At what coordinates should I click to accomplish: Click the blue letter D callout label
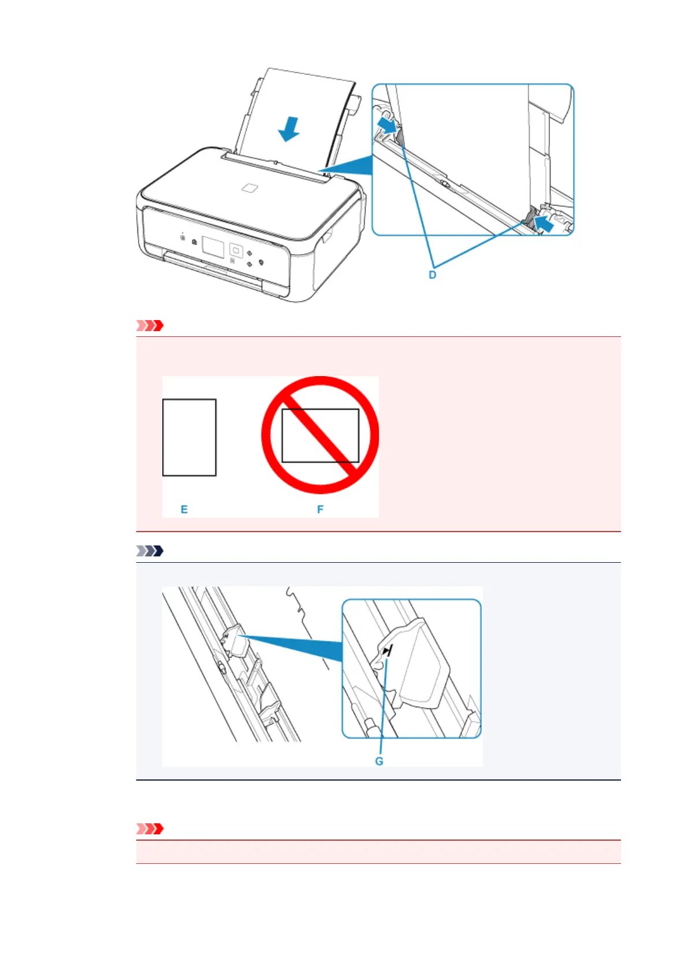pos(432,275)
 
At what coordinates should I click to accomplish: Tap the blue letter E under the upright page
pos(184,509)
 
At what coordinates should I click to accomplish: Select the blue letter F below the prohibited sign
pos(320,509)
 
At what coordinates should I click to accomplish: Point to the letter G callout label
pos(379,761)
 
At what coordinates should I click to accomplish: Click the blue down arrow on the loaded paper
pos(288,128)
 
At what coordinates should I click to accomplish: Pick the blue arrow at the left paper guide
pos(387,124)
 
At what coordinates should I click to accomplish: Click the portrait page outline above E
pos(189,437)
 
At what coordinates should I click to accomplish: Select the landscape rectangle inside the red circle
pos(320,436)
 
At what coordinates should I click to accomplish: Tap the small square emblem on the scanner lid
pos(249,188)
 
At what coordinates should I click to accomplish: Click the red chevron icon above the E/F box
pos(150,326)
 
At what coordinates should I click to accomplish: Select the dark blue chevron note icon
pos(150,551)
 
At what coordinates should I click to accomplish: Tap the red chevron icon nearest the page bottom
pos(150,829)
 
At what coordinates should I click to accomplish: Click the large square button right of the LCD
pos(236,250)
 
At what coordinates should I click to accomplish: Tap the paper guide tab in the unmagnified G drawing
pos(233,641)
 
